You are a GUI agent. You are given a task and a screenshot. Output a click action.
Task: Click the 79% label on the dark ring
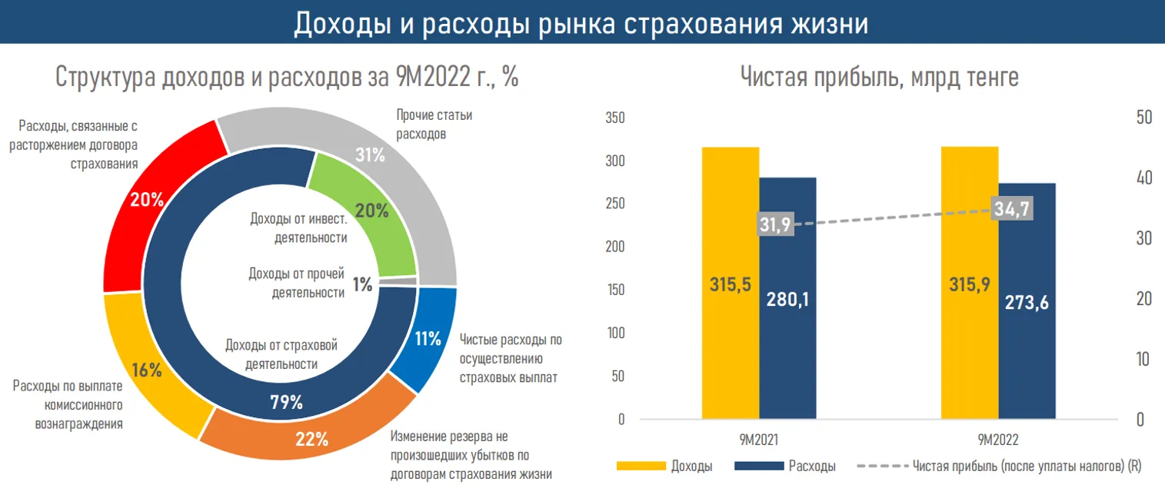point(285,402)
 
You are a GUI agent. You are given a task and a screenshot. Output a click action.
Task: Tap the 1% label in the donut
point(362,284)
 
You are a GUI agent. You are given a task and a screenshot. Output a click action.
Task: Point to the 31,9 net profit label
point(775,224)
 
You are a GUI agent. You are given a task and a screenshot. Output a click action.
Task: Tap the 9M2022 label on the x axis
point(998,440)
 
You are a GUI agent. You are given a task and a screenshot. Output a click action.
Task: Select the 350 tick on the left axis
point(615,118)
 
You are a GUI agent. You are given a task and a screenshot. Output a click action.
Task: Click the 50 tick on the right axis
point(1143,118)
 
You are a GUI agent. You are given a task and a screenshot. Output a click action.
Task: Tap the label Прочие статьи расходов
point(434,124)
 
